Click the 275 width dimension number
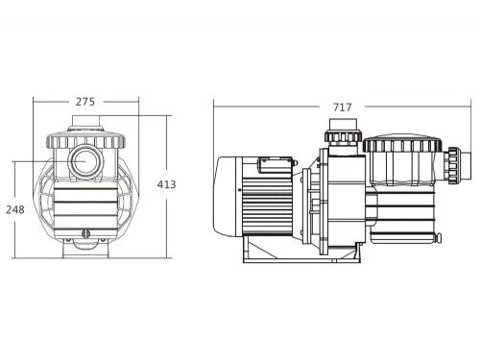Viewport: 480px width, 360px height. click(85, 99)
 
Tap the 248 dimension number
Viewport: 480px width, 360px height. click(14, 208)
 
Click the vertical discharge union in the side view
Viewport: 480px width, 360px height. click(341, 133)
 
